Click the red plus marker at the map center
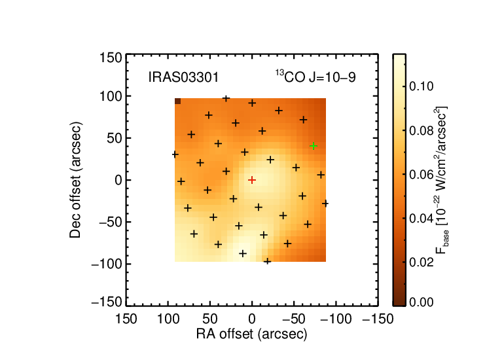[x=252, y=180]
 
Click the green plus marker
[x=314, y=146]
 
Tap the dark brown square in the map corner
[x=178, y=101]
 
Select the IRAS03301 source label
[x=183, y=77]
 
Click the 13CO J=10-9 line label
[x=315, y=77]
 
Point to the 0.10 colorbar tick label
[x=422, y=86]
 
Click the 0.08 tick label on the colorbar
[x=422, y=130]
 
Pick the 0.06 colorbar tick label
[x=422, y=175]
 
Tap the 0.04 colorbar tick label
[x=422, y=219]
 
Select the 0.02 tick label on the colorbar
[x=422, y=262]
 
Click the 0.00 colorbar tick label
[x=422, y=302]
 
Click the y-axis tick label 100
[x=111, y=96]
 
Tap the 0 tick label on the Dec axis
[x=118, y=180]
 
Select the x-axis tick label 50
[x=210, y=319]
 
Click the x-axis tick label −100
[x=336, y=319]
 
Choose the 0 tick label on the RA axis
[x=252, y=319]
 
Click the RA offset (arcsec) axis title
[x=252, y=334]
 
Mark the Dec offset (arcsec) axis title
[x=75, y=180]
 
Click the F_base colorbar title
[x=442, y=180]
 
